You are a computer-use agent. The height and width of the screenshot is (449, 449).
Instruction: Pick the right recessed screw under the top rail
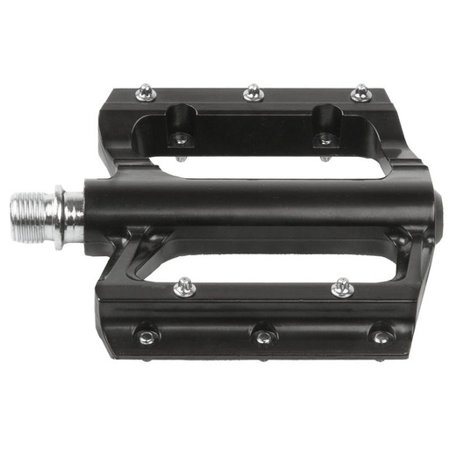pos(324,139)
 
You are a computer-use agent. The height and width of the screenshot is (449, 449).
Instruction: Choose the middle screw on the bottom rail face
pos(262,334)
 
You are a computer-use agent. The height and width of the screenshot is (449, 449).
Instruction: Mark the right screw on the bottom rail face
pos(379,336)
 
